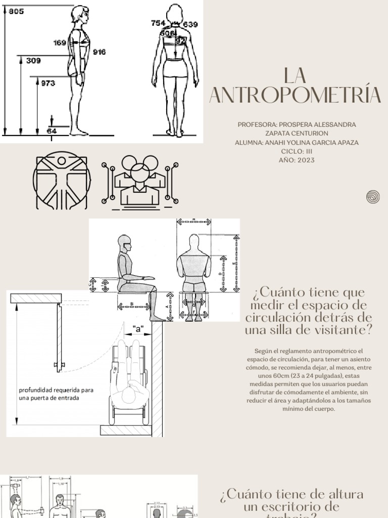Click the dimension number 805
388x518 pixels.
pos(16,12)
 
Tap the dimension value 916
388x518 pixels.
pos(99,52)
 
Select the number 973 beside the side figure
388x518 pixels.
pos(47,83)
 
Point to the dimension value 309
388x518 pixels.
pos(33,61)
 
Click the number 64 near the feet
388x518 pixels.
pos(52,131)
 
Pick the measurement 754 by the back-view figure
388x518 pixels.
pos(158,23)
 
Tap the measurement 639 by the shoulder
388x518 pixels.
pos(190,24)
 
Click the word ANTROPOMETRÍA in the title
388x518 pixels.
pos(295,95)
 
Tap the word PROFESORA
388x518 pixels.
pos(257,124)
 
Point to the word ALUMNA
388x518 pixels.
pos(248,143)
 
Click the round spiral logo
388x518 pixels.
pos(373,197)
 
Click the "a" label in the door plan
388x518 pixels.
pos(138,329)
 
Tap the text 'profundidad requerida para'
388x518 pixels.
pos(56,390)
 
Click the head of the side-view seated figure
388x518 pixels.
pos(124,243)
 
